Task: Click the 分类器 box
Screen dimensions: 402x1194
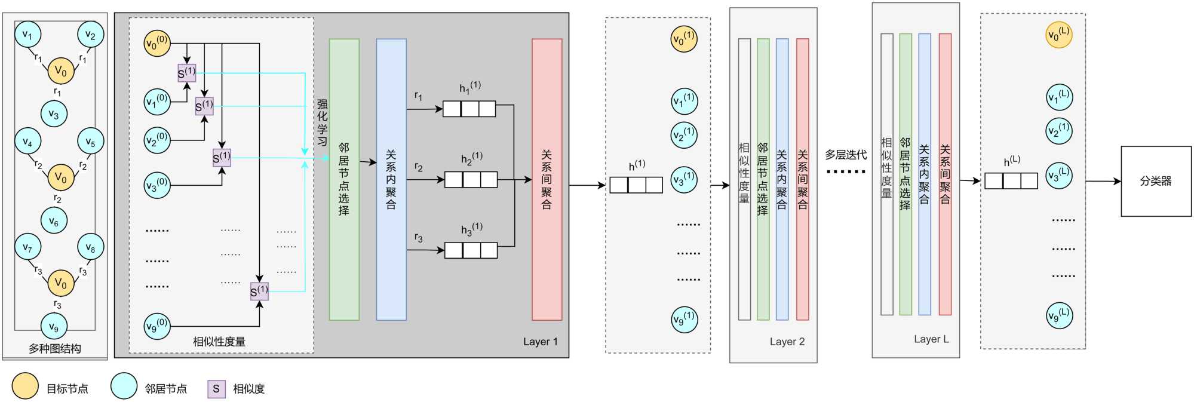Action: [1155, 181]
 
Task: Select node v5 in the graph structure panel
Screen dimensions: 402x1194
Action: [90, 142]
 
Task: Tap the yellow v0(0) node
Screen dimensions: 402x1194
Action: [157, 44]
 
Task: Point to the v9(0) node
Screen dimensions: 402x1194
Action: [157, 326]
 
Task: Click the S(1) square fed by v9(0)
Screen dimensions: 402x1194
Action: [259, 291]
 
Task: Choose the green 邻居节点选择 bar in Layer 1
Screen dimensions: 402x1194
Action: [344, 179]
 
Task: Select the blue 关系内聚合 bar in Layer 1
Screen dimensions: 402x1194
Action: [391, 179]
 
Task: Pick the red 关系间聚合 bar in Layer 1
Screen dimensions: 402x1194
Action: [547, 179]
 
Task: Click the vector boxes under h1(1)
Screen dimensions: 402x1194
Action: [469, 109]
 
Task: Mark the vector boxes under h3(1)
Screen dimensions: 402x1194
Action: [471, 250]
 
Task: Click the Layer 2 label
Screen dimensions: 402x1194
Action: [787, 342]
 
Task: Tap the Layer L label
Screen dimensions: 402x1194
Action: [931, 339]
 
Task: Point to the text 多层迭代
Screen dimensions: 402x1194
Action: [846, 155]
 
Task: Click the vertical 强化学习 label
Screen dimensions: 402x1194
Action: [323, 123]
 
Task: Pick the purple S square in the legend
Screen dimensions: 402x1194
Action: [216, 389]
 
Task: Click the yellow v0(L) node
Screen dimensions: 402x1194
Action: [1059, 35]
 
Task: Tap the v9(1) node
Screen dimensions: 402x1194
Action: [684, 319]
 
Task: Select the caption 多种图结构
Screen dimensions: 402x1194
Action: [54, 349]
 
